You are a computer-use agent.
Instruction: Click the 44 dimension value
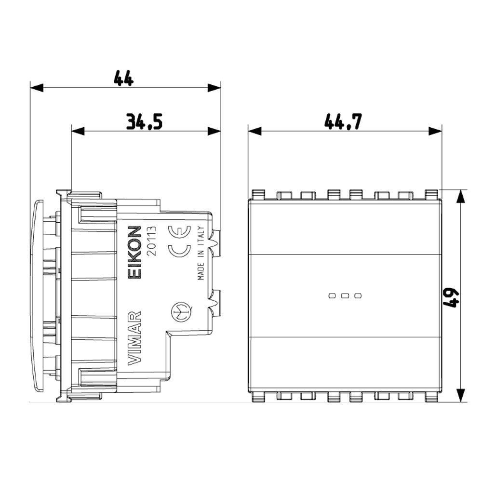tap(123, 78)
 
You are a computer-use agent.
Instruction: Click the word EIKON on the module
tap(134, 253)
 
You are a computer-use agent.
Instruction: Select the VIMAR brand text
tap(134, 338)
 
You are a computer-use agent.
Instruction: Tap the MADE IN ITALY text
tap(201, 253)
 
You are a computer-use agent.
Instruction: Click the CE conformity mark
tap(179, 241)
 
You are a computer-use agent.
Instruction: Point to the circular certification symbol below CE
tap(182, 312)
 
